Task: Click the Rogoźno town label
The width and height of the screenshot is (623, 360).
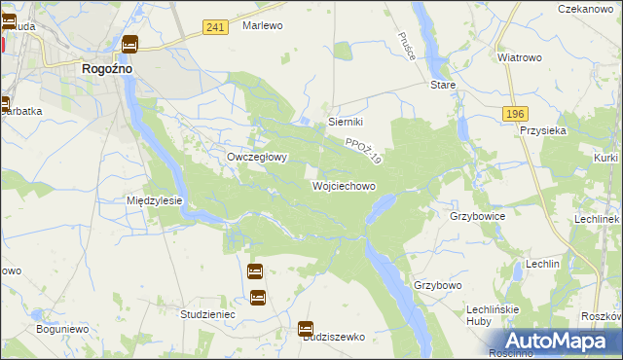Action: click(107, 69)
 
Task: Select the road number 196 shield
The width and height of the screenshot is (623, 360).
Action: click(516, 115)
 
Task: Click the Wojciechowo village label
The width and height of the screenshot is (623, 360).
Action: click(344, 185)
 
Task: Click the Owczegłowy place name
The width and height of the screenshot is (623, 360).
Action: click(256, 157)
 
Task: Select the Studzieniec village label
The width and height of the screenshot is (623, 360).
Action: click(208, 315)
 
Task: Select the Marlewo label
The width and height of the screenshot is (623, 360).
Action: click(262, 25)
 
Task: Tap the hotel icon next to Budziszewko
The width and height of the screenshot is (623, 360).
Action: click(306, 330)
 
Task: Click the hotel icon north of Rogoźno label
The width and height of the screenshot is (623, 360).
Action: click(129, 44)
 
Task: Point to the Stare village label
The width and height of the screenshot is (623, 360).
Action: click(443, 85)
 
